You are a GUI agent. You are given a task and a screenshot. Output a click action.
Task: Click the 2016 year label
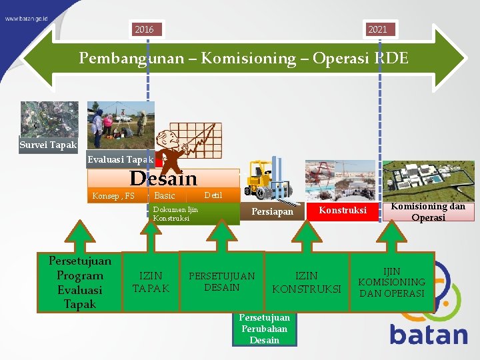144,29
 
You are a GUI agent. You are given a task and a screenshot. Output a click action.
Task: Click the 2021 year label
377,29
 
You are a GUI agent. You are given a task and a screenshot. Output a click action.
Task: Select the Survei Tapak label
49,144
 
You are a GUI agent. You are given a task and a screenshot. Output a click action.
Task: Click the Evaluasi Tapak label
121,159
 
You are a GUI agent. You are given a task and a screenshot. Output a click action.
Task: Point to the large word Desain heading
163,179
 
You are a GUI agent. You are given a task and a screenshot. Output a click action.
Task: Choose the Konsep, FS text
113,196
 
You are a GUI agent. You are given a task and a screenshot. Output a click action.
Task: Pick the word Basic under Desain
164,196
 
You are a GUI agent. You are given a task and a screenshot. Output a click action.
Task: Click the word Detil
213,195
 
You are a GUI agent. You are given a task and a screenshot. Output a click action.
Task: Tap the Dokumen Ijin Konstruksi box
193,214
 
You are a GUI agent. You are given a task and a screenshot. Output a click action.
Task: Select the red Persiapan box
272,211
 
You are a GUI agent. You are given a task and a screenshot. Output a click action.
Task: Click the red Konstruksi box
342,211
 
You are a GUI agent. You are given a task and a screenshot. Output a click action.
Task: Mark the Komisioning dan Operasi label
428,212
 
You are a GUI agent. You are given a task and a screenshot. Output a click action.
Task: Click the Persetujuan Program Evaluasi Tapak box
80,283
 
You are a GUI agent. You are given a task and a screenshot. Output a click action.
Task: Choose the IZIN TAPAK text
151,282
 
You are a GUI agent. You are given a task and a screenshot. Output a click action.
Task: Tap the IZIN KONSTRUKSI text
307,282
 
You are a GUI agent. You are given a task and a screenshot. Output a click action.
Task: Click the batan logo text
429,333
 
